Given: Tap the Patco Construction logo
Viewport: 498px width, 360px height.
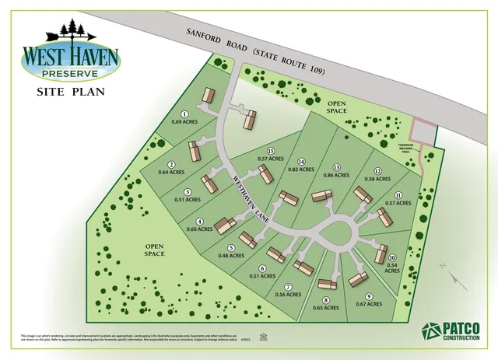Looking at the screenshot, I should click(x=452, y=330).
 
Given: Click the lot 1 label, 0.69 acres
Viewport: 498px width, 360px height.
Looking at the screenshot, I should click(x=181, y=119).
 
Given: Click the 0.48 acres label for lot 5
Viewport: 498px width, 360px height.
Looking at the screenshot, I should click(x=231, y=251).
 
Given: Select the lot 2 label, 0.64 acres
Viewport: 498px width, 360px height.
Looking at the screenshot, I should click(x=170, y=167).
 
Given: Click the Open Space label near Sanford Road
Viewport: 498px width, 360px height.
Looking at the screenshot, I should click(x=336, y=107).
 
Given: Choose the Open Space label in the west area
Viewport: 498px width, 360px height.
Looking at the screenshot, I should click(x=154, y=250).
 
